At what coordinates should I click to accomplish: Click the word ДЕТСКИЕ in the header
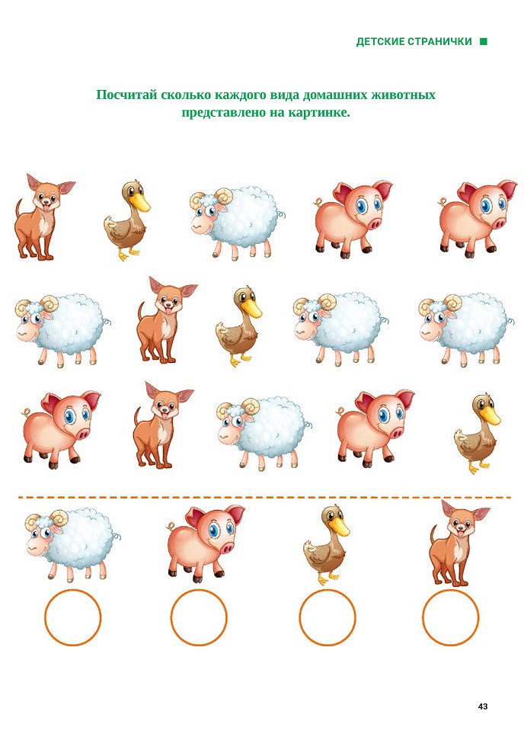pyautogui.click(x=380, y=42)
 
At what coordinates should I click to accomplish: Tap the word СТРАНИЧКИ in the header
pyautogui.click(x=439, y=42)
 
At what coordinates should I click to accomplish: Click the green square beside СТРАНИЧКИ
pyautogui.click(x=484, y=42)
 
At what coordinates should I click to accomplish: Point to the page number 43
pyautogui.click(x=483, y=706)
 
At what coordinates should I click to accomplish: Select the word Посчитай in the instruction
pyautogui.click(x=126, y=95)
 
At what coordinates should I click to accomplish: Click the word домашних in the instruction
pyautogui.click(x=335, y=95)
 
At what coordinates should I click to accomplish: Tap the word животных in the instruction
pyautogui.click(x=403, y=95)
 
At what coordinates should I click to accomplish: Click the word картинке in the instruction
pyautogui.click(x=318, y=113)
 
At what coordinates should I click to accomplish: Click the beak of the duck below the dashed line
pyautogui.click(x=340, y=527)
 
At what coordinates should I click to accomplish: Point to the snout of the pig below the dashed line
pyautogui.click(x=228, y=548)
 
